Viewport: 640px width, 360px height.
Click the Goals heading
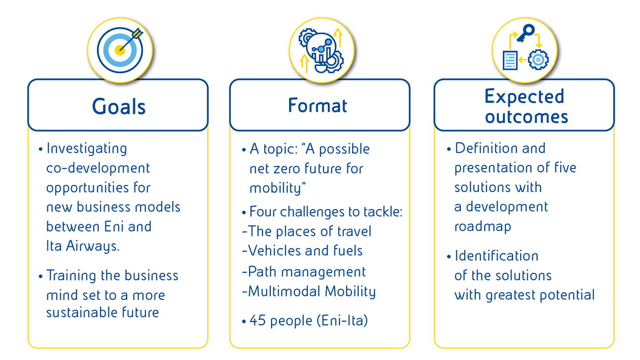pos(119,107)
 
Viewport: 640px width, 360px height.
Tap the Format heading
pos(318,105)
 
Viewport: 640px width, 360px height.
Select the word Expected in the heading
pos(524,96)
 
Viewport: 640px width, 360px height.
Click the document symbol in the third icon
pos(510,59)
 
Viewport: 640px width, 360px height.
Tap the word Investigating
pos(87,148)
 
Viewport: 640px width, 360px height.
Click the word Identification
pos(496,256)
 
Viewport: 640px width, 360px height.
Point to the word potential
pos(568,295)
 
